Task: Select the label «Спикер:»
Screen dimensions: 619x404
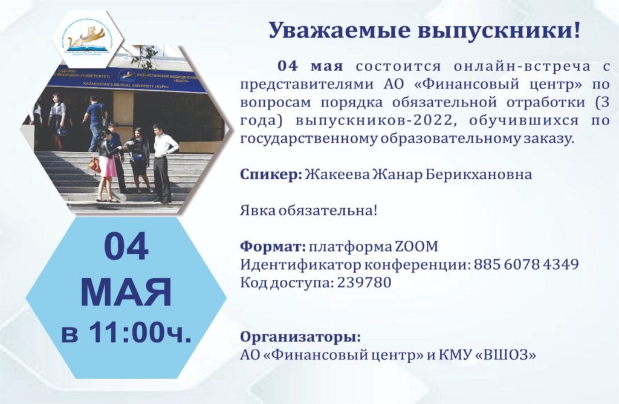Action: (x=271, y=174)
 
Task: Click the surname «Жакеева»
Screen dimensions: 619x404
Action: (x=336, y=174)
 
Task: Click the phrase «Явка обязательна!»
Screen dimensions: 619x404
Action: (x=309, y=210)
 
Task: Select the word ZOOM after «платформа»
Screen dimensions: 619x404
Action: (x=416, y=246)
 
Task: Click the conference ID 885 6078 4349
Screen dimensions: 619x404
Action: (x=527, y=264)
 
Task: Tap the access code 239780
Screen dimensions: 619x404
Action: (x=364, y=282)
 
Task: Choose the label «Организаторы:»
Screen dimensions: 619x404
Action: (x=300, y=337)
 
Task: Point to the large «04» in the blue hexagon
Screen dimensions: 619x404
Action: (x=126, y=247)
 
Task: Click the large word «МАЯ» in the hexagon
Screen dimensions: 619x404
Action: (x=126, y=292)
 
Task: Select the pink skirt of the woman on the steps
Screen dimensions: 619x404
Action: (x=107, y=166)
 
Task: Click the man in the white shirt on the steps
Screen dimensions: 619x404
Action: (x=163, y=163)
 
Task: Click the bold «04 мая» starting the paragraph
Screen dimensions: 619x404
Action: (x=310, y=65)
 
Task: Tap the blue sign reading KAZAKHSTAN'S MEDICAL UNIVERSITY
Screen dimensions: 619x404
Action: (x=126, y=80)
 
